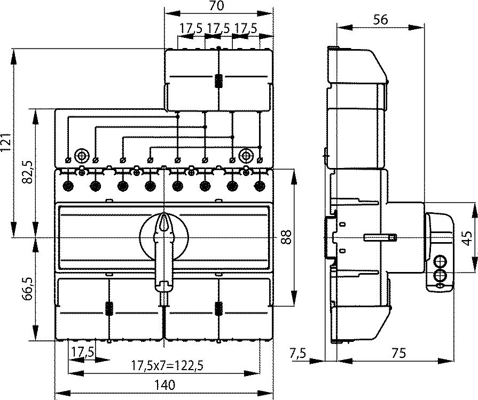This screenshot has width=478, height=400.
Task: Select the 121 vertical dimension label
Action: [x=7, y=142]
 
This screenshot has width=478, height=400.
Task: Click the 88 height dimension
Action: [x=286, y=237]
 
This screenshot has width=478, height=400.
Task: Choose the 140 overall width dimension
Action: [x=164, y=385]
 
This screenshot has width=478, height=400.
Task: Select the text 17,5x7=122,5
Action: [x=167, y=365]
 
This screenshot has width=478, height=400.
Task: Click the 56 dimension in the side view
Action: [x=380, y=20]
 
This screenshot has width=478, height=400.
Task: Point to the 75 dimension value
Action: [x=398, y=353]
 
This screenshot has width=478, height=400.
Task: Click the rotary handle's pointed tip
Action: [x=164, y=214]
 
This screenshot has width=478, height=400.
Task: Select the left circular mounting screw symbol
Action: [x=81, y=156]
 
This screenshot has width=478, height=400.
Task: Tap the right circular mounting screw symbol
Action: [x=246, y=156]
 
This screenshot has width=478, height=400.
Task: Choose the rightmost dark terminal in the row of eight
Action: [x=260, y=186]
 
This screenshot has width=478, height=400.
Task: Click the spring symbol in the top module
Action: [x=218, y=81]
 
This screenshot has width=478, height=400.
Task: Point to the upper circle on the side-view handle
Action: [x=440, y=261]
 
